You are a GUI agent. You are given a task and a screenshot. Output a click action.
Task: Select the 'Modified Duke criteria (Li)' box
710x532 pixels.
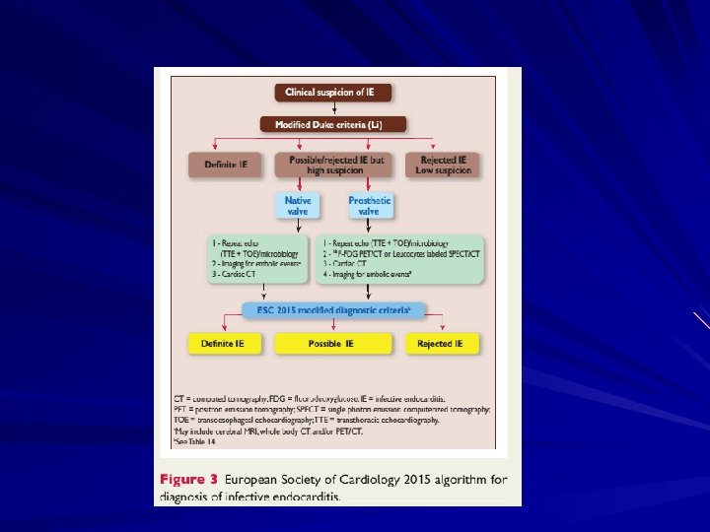tap(333, 124)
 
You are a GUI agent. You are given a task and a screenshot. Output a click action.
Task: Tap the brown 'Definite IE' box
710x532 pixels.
tap(226, 164)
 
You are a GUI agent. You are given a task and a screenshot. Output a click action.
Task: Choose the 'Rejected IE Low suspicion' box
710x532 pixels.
tap(444, 164)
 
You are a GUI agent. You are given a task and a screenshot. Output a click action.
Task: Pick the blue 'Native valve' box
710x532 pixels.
tap(298, 205)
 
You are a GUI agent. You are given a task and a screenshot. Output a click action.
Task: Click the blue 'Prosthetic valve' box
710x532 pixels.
tap(370, 205)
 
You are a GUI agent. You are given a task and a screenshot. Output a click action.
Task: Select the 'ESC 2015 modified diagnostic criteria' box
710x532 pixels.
tap(334, 310)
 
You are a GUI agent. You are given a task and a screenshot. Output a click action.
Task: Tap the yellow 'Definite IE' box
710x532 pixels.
tap(225, 344)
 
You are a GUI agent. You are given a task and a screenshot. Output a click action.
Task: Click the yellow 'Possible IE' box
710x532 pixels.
tap(333, 344)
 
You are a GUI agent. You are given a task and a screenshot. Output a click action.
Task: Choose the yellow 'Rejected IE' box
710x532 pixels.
tap(440, 344)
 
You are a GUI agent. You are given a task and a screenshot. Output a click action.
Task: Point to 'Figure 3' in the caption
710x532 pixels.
tap(187, 480)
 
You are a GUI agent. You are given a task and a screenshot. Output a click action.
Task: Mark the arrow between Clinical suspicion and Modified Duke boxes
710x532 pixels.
tap(334, 108)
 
